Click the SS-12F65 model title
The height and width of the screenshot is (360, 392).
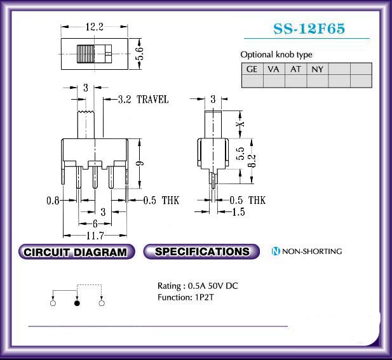click(x=309, y=29)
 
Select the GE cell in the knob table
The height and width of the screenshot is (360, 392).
click(x=252, y=69)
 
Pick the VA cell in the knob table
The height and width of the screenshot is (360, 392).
click(x=274, y=69)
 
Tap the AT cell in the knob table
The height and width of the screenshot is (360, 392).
click(x=296, y=69)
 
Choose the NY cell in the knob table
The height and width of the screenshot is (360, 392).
click(x=318, y=69)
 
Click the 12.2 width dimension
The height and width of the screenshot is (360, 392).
click(x=95, y=27)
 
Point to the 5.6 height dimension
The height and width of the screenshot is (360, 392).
click(x=140, y=53)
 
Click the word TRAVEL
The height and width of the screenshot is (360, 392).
click(x=152, y=100)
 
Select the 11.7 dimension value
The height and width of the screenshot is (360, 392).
click(x=95, y=236)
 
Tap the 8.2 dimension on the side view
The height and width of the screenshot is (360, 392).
click(x=252, y=161)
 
